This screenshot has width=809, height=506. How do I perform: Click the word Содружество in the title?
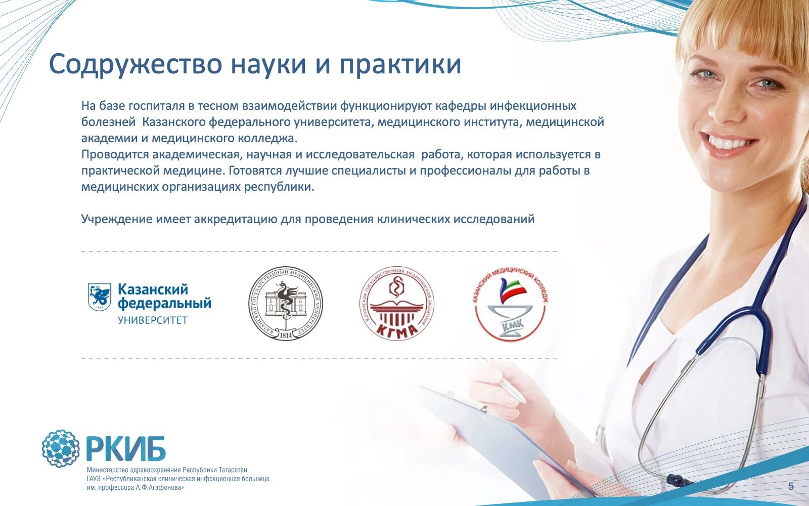click(x=136, y=64)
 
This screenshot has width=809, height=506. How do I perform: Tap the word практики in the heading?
click(x=400, y=65)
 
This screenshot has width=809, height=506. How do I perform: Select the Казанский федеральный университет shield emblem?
click(x=99, y=297)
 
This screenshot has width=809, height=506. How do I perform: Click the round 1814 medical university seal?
click(x=285, y=303)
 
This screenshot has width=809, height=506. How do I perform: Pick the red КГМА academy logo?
click(x=397, y=303)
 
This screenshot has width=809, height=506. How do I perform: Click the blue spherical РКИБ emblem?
click(x=61, y=448)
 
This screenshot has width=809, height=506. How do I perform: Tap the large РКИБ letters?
click(x=125, y=449)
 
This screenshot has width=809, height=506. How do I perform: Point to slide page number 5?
click(x=791, y=487)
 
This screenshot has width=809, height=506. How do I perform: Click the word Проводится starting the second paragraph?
click(x=115, y=154)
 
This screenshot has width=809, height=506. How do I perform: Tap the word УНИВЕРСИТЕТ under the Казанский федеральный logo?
click(x=153, y=320)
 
